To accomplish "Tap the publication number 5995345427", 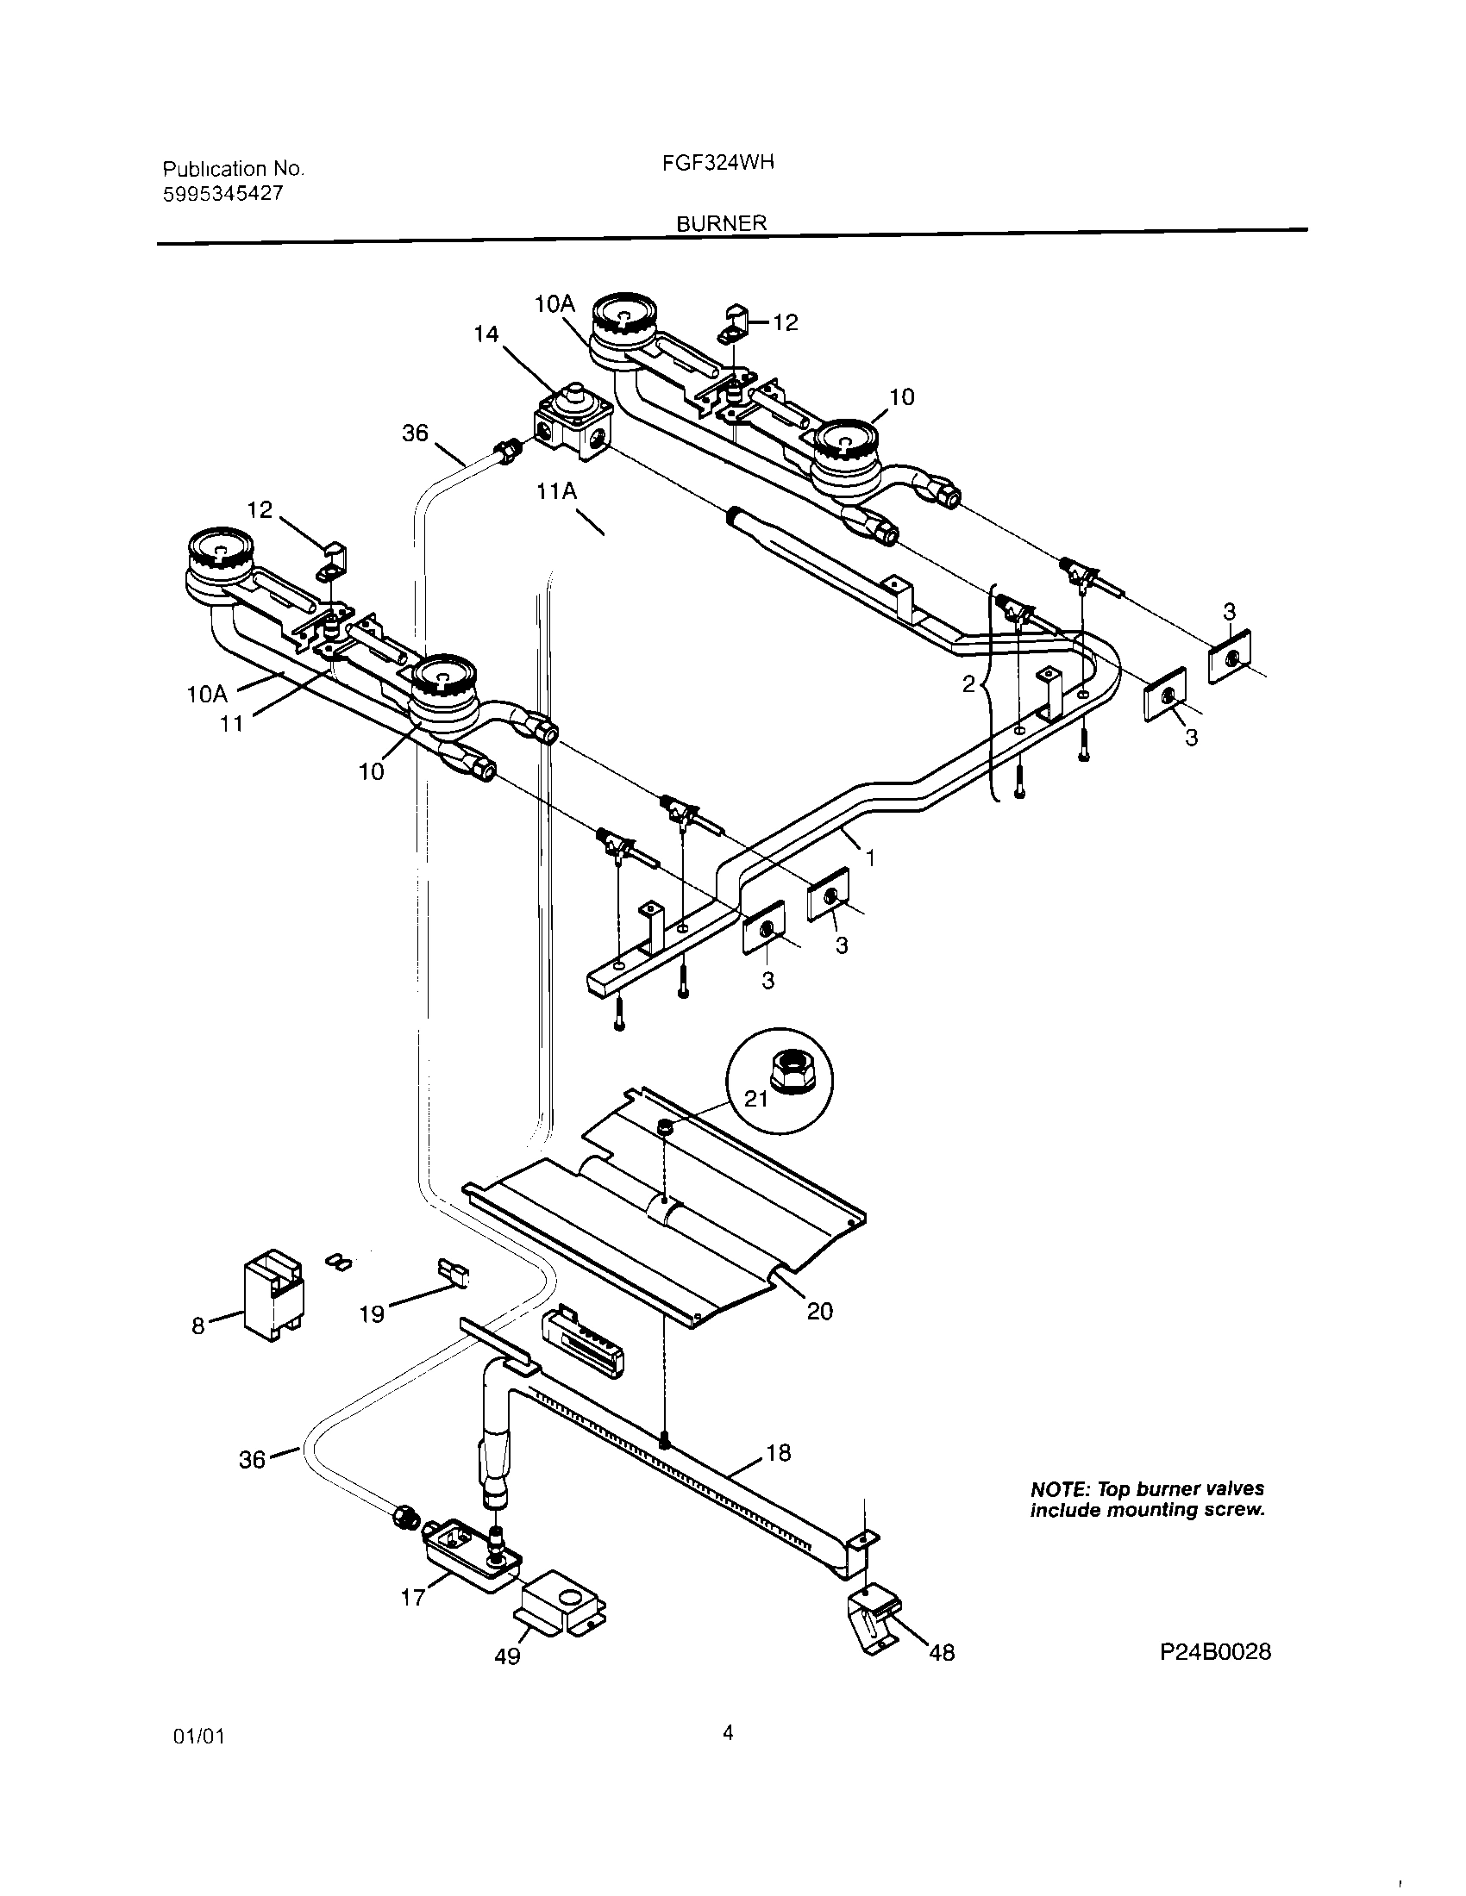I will [223, 194].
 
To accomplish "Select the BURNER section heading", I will [722, 223].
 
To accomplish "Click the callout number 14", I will [487, 334].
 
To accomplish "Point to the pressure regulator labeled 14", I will [571, 423].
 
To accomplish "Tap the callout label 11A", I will [557, 491].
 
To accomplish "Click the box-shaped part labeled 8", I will [273, 1296].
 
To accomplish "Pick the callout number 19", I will [372, 1314].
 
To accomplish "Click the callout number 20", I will [820, 1311].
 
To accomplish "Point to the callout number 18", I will [778, 1452].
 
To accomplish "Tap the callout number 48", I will [942, 1653].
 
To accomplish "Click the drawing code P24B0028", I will [1215, 1652].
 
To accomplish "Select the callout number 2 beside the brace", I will [968, 684].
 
